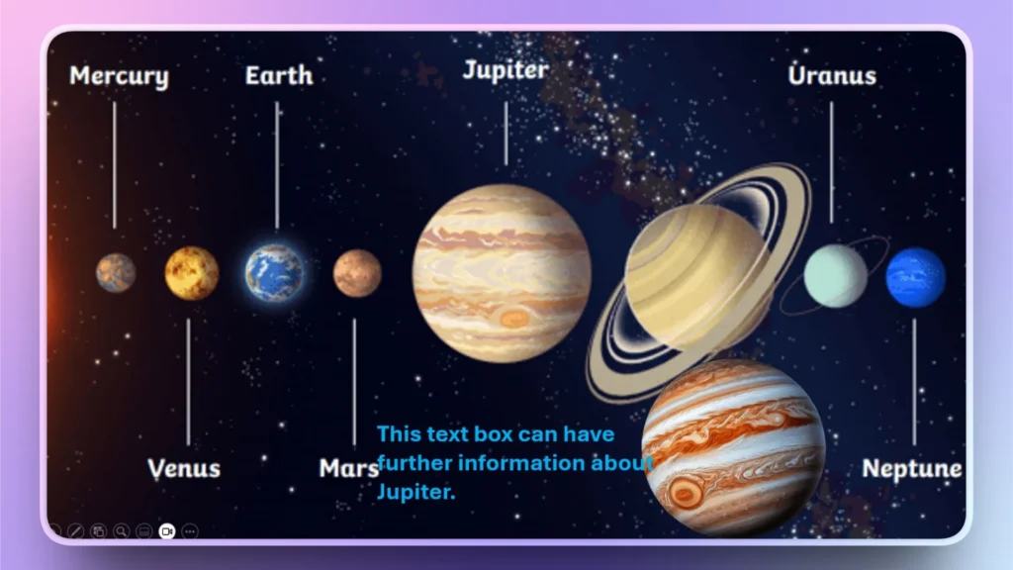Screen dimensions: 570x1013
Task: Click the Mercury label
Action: pyautogui.click(x=119, y=77)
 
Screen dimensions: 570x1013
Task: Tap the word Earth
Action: pyautogui.click(x=278, y=76)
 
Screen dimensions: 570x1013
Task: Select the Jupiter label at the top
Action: pyautogui.click(x=505, y=70)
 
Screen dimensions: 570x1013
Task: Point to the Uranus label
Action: pyautogui.click(x=832, y=75)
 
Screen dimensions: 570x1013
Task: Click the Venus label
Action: pyautogui.click(x=184, y=468)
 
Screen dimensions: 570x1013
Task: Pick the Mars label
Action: pyautogui.click(x=348, y=468)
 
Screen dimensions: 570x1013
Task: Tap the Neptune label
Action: pyautogui.click(x=911, y=468)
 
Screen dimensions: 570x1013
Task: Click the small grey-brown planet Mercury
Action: pyautogui.click(x=116, y=272)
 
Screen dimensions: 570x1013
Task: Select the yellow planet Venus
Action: pyautogui.click(x=192, y=273)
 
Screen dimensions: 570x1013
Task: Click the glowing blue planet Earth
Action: pyautogui.click(x=275, y=273)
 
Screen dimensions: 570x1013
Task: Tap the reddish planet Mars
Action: pyautogui.click(x=357, y=273)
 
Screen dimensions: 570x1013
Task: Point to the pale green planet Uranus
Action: pyautogui.click(x=835, y=276)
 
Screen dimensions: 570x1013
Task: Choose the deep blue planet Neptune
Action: pyautogui.click(x=915, y=277)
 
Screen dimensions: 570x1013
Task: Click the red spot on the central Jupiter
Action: pyautogui.click(x=513, y=318)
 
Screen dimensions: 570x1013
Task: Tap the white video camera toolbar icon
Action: pyautogui.click(x=166, y=531)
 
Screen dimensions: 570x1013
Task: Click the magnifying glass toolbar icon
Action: pyautogui.click(x=121, y=531)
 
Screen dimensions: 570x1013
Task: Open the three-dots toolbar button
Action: pyautogui.click(x=190, y=531)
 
